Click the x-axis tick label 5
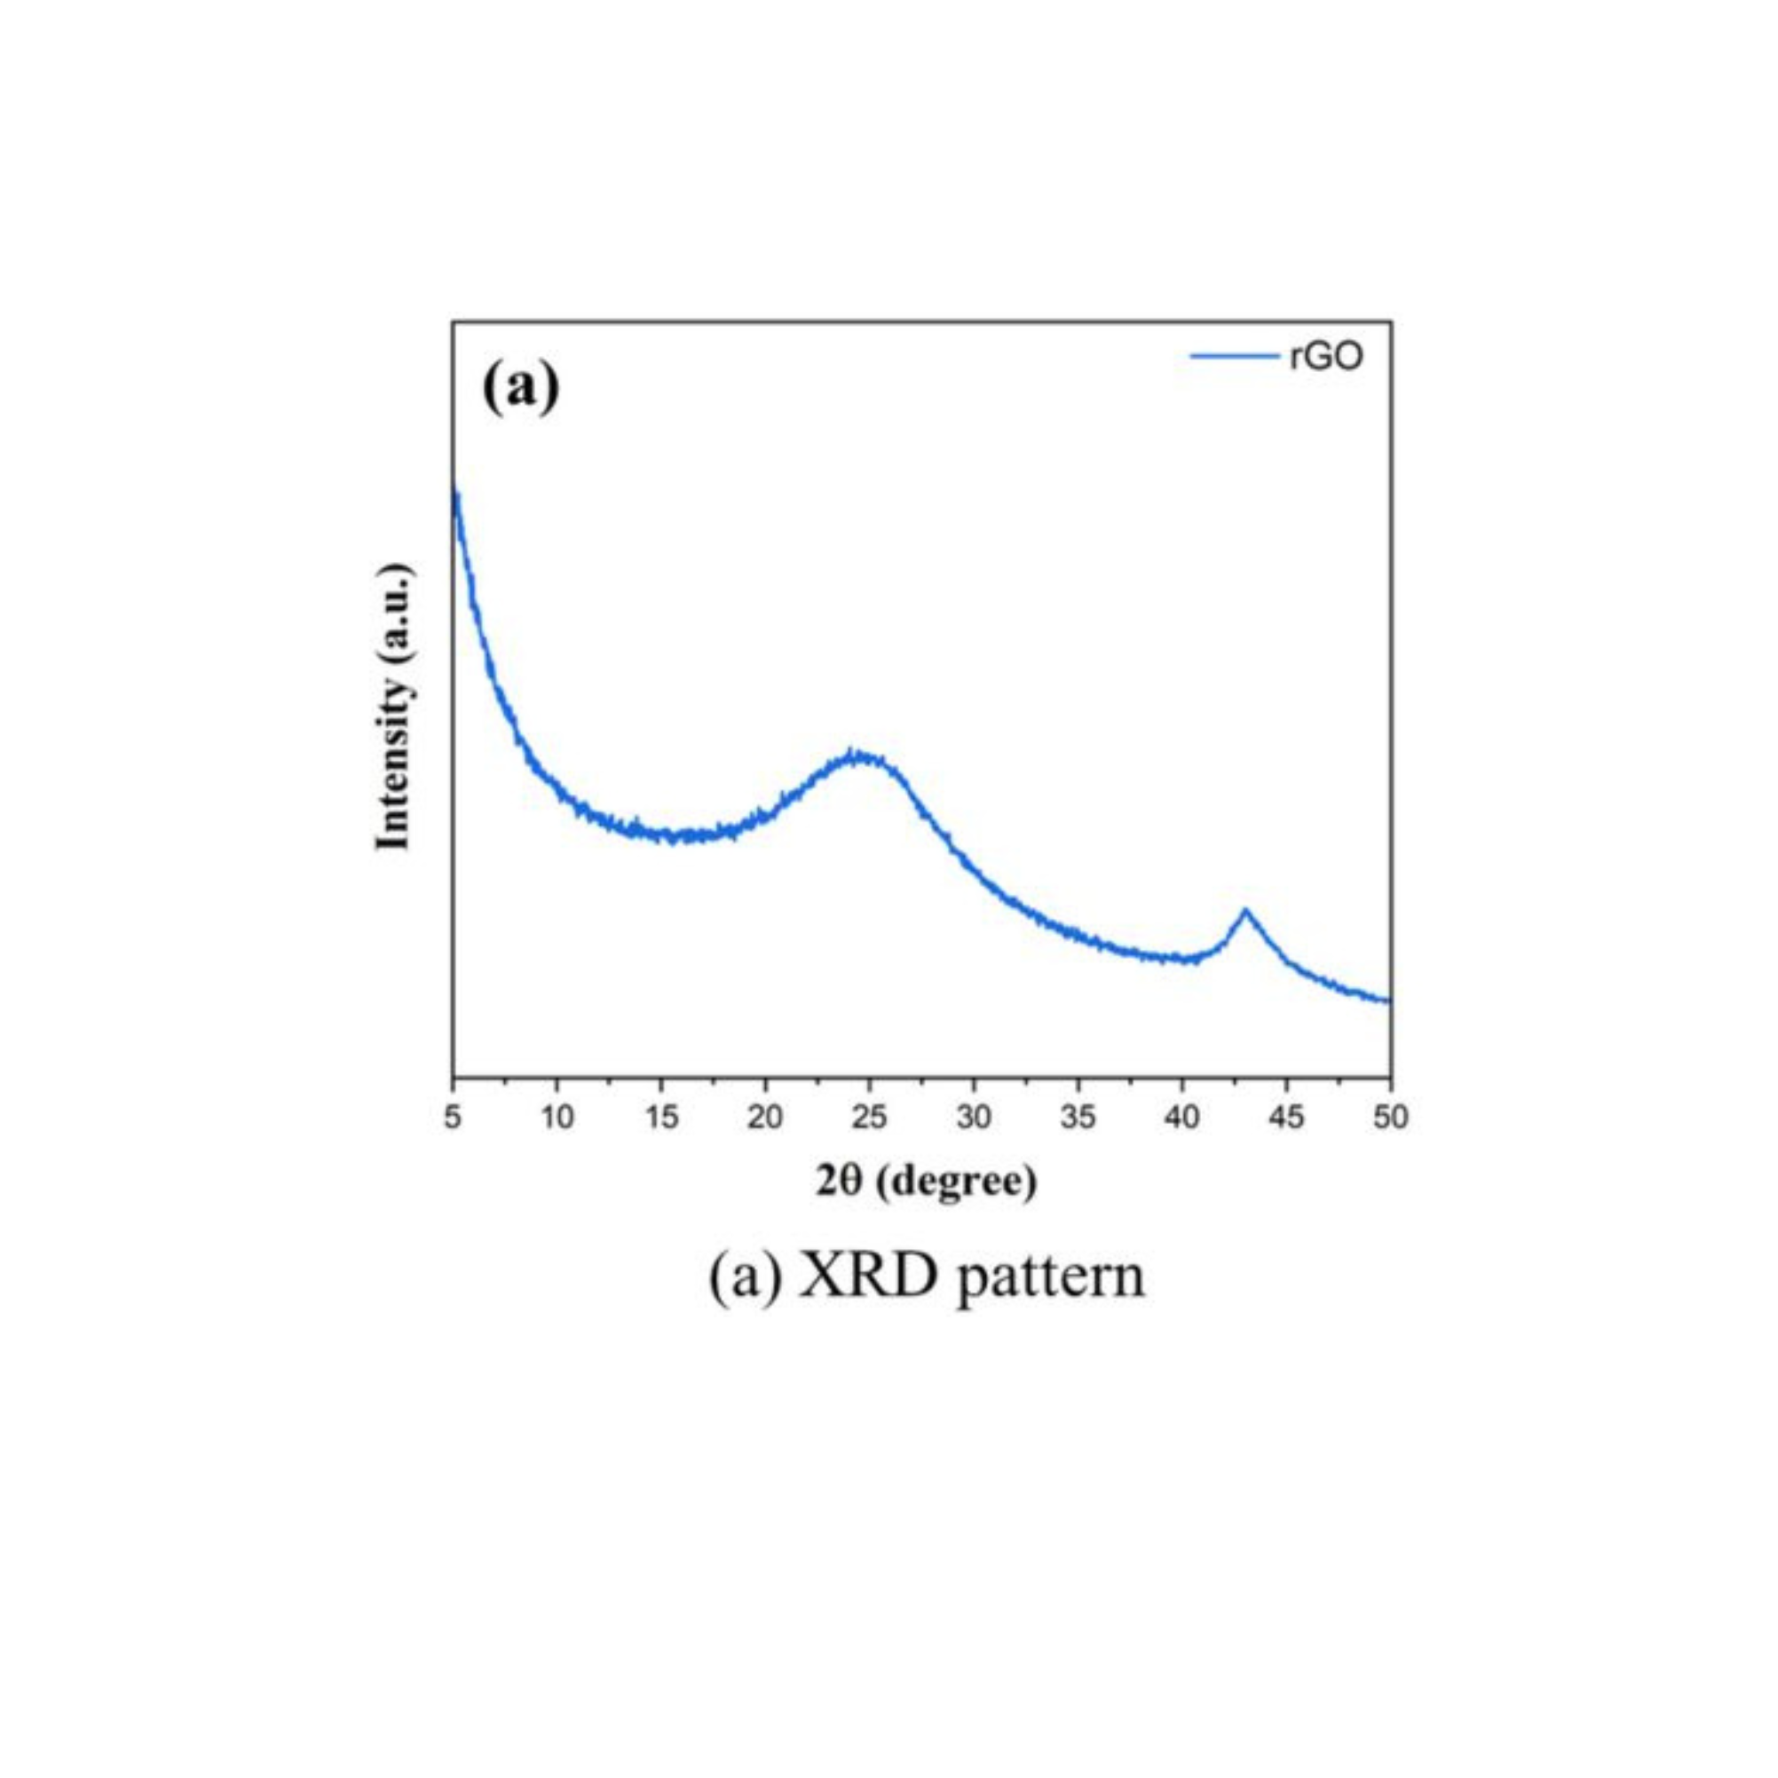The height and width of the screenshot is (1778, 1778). (x=453, y=1118)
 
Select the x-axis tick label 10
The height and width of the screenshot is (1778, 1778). (x=557, y=1118)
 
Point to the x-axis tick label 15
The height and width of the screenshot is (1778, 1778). (x=661, y=1118)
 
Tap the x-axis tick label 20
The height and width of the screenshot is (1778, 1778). (x=766, y=1118)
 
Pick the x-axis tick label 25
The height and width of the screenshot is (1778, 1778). (x=870, y=1118)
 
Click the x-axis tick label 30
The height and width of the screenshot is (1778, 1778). (x=974, y=1118)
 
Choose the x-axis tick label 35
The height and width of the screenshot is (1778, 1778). (x=1079, y=1118)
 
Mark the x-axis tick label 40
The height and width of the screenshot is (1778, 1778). (x=1182, y=1118)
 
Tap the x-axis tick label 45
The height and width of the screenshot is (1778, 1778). (x=1286, y=1118)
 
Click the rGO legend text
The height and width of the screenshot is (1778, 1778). (x=1325, y=356)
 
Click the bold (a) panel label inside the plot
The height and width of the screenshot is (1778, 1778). (x=521, y=389)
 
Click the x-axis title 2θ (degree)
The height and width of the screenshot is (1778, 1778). (x=926, y=1181)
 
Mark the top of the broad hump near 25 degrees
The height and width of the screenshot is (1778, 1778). (x=856, y=755)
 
